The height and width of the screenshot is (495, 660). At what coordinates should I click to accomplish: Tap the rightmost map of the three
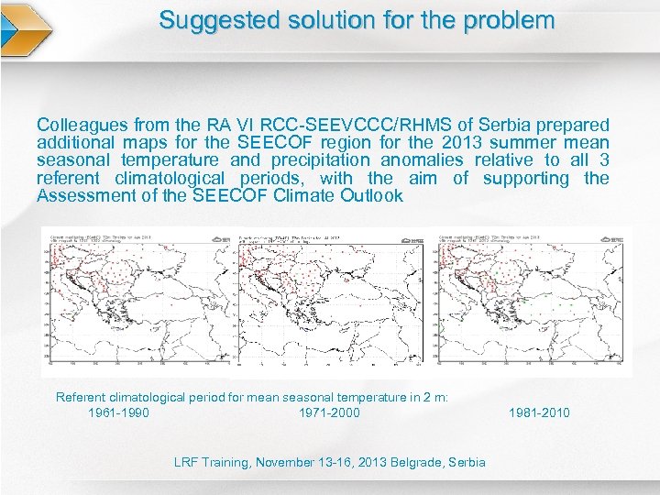pyautogui.click(x=532, y=300)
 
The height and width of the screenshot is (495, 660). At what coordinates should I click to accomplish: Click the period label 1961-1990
pyautogui.click(x=118, y=412)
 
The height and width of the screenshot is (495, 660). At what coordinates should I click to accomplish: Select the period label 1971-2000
pyautogui.click(x=329, y=412)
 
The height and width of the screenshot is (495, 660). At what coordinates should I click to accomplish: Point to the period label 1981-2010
pyautogui.click(x=539, y=412)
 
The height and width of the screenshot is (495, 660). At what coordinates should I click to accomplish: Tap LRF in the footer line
pyautogui.click(x=187, y=462)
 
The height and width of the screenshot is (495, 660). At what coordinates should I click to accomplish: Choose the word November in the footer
pyautogui.click(x=287, y=462)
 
